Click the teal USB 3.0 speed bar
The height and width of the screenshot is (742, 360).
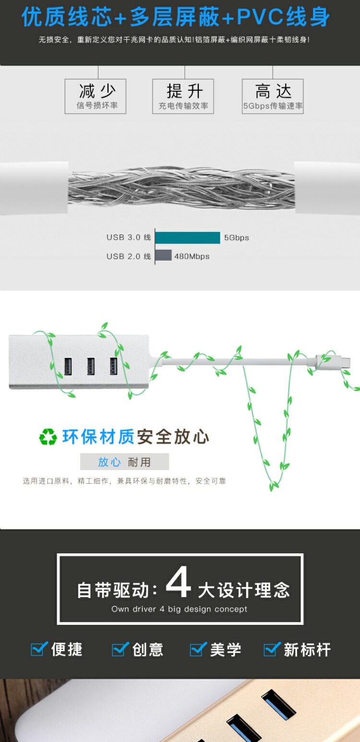click(x=188, y=238)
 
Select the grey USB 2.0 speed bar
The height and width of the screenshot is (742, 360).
click(x=163, y=256)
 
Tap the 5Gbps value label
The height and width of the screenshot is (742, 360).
click(x=237, y=238)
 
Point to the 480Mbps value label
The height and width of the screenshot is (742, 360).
click(x=192, y=256)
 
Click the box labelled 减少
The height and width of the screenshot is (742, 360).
click(x=96, y=96)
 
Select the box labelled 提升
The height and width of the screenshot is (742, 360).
click(x=183, y=96)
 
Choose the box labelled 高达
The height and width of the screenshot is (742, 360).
click(x=273, y=96)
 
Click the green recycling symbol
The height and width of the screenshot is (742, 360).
click(x=48, y=437)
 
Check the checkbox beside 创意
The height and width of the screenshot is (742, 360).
click(x=120, y=649)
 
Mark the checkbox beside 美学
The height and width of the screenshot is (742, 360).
click(x=198, y=649)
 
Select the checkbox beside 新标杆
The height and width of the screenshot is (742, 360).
click(x=272, y=649)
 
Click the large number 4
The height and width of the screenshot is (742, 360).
click(x=178, y=583)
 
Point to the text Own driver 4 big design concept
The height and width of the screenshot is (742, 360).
click(x=180, y=609)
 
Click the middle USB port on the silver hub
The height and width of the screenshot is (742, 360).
click(x=91, y=367)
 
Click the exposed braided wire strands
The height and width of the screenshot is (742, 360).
click(x=181, y=188)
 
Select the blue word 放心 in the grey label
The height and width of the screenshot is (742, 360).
click(x=109, y=462)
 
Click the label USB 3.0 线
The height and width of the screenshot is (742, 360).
click(x=129, y=238)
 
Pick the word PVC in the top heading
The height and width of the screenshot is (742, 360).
click(x=260, y=17)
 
